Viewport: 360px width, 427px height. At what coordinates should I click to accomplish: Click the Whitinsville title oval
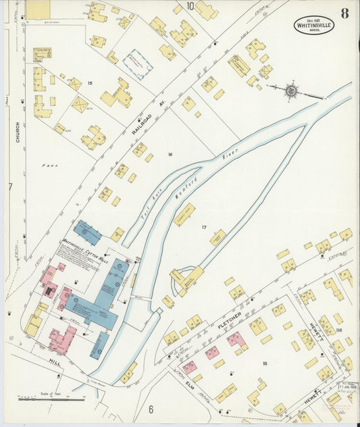click(314, 25)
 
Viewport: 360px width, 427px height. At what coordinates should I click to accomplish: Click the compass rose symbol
click(290, 89)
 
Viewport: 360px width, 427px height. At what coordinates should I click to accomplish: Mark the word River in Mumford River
click(230, 159)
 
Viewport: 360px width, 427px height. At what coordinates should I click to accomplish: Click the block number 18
click(265, 363)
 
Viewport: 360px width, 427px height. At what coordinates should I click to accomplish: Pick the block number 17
click(203, 228)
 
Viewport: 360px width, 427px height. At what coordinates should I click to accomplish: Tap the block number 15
click(89, 83)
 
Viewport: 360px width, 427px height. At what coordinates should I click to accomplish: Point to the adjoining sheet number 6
click(151, 409)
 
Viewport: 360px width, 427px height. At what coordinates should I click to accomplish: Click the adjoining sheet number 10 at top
click(190, 6)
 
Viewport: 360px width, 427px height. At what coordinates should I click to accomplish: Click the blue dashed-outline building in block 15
click(138, 64)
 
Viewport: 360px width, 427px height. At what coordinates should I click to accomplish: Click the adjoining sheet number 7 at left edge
click(10, 186)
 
